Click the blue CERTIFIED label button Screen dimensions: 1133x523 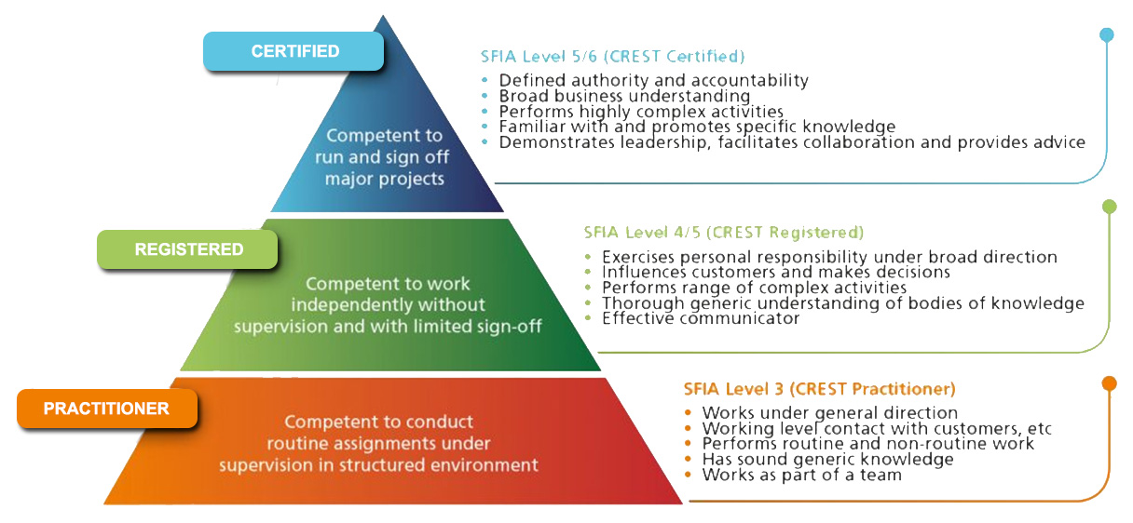(x=293, y=51)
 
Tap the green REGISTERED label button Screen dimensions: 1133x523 (x=187, y=249)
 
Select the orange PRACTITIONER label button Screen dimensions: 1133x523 (x=107, y=409)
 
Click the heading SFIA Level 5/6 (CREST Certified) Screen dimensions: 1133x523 (x=612, y=57)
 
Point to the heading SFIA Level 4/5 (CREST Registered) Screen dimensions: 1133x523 (x=724, y=233)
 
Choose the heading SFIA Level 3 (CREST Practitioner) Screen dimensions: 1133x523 (x=819, y=389)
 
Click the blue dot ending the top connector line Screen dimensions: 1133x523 (x=1107, y=34)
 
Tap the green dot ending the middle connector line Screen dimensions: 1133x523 (x=1109, y=207)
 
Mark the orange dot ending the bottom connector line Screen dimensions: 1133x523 (x=1109, y=383)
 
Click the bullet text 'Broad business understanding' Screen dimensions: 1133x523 (x=624, y=96)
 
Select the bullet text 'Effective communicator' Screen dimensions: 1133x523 (x=701, y=318)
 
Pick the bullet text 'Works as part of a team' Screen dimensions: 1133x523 (x=801, y=475)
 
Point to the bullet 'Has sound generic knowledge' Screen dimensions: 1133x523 (x=827, y=460)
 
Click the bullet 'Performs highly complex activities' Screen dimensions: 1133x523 (x=641, y=111)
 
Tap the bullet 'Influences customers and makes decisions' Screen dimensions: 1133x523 (x=776, y=273)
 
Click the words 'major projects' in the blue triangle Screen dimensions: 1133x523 (x=385, y=179)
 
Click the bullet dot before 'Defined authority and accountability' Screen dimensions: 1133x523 (x=485, y=80)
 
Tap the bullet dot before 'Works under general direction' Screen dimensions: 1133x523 (x=688, y=412)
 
